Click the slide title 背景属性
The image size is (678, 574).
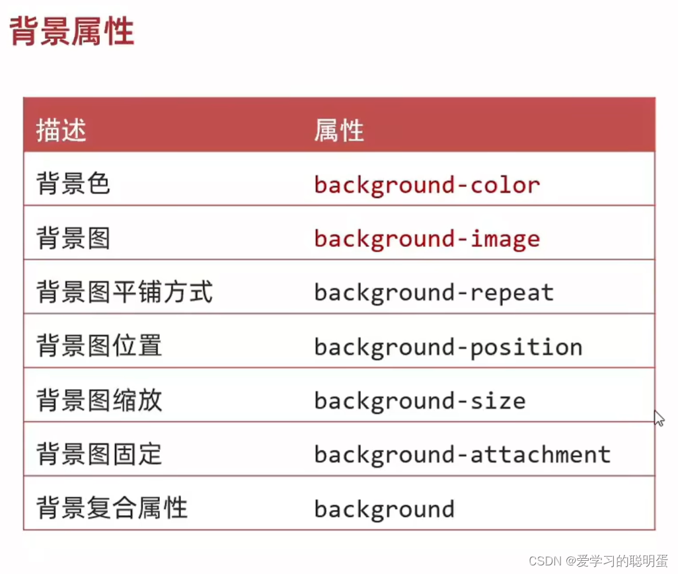pyautogui.click(x=72, y=32)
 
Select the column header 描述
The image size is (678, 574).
pyautogui.click(x=61, y=131)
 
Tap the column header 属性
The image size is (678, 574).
pyautogui.click(x=338, y=131)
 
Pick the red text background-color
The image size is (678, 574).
pyautogui.click(x=426, y=185)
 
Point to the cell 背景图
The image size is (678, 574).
pyautogui.click(x=73, y=238)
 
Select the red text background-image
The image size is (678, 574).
pyautogui.click(x=426, y=239)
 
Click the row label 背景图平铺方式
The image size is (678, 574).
pyautogui.click(x=124, y=293)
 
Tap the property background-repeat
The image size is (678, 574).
pyautogui.click(x=433, y=293)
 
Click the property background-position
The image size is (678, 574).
pyautogui.click(x=447, y=347)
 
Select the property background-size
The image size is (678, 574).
pyautogui.click(x=420, y=402)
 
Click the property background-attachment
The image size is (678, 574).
pyautogui.click(x=462, y=455)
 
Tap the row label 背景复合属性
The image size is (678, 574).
pyautogui.click(x=112, y=509)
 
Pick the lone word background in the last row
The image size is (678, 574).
pyautogui.click(x=384, y=509)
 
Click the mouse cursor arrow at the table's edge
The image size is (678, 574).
pyautogui.click(x=658, y=417)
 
